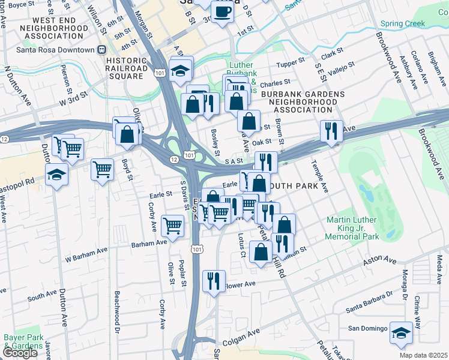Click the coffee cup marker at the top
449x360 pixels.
point(222,12)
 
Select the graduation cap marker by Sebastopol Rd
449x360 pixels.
point(57,175)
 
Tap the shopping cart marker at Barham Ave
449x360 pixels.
point(173,226)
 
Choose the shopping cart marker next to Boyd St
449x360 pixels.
point(102,169)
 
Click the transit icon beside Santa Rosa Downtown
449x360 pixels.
point(102,50)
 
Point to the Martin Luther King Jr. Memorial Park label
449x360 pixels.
point(352,229)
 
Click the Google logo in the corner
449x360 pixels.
point(19,353)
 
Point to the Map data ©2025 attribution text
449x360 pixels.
point(423,355)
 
